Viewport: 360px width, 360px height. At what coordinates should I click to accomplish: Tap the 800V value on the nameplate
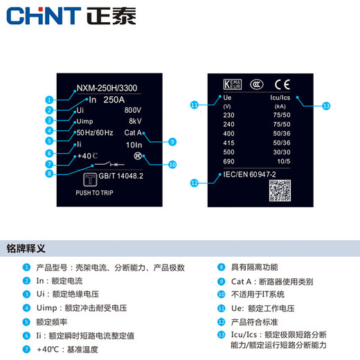point(133,111)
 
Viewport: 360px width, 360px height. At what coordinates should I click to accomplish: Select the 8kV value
point(135,121)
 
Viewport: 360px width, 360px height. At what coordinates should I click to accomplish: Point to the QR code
point(282,190)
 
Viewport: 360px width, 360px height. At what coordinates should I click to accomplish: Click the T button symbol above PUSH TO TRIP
point(89,180)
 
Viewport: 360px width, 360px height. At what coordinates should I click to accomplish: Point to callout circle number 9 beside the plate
point(172,141)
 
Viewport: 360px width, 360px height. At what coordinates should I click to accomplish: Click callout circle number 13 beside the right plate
point(327,106)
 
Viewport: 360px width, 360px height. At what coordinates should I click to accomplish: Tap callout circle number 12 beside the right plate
point(195,183)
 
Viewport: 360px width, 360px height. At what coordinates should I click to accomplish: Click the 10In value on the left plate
point(136,145)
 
